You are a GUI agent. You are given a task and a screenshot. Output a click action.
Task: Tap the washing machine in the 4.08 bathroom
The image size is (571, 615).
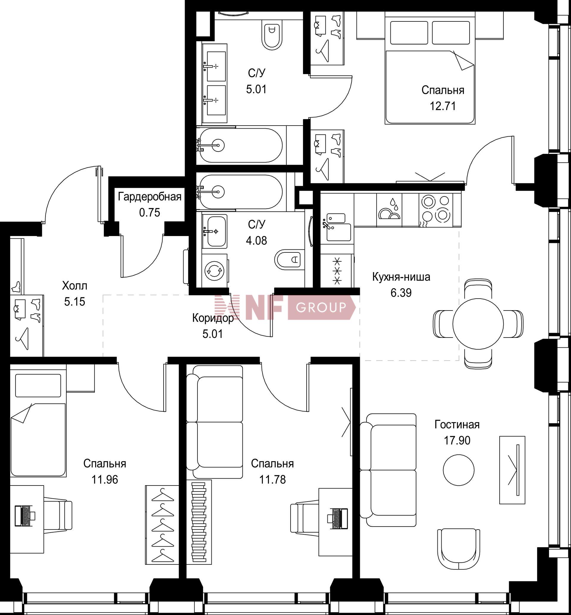(214, 271)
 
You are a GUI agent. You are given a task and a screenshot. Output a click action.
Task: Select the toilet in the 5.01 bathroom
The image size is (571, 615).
(272, 34)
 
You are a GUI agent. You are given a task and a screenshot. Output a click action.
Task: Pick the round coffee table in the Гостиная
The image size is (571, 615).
(459, 469)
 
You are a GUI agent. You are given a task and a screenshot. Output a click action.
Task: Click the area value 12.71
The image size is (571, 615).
(443, 106)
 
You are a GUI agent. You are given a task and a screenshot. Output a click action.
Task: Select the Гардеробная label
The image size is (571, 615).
(150, 197)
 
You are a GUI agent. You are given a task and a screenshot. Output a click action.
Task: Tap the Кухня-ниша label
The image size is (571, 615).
(401, 277)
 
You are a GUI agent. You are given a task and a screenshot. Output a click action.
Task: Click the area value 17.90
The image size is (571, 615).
(457, 440)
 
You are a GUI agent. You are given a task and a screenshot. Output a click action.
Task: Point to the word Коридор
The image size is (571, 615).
(213, 318)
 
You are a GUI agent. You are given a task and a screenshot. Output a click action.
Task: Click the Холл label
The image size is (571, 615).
(74, 286)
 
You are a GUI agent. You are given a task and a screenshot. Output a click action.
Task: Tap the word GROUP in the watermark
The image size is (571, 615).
(321, 307)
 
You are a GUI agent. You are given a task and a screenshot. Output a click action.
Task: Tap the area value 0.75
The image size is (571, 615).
(150, 213)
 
